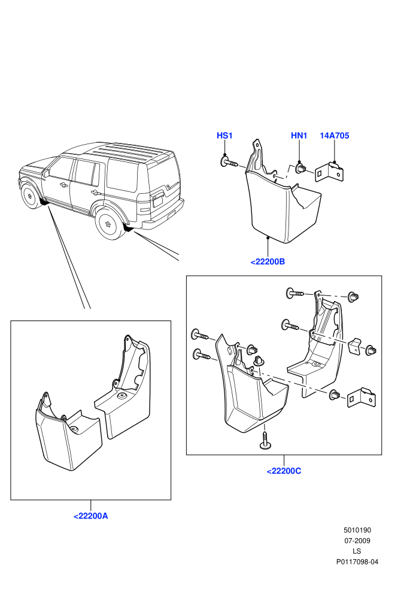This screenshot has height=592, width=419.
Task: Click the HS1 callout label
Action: (224, 136)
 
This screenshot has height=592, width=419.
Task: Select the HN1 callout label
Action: (299, 136)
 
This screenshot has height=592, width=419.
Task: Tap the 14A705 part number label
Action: (335, 136)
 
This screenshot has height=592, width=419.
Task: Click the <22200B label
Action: (268, 262)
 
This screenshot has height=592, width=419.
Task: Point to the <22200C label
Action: (284, 471)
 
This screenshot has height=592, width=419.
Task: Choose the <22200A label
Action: (90, 516)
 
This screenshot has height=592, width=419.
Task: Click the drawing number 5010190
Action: (357, 530)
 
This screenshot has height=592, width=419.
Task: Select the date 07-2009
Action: (357, 541)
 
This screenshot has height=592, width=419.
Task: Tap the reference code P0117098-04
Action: (357, 562)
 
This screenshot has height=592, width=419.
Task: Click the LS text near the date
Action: (357, 551)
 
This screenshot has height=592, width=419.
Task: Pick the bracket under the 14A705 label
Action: (330, 172)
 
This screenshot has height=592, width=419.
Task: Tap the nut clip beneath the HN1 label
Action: (301, 169)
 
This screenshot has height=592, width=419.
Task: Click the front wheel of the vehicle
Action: (29, 196)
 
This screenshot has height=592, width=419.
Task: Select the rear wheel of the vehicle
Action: (109, 224)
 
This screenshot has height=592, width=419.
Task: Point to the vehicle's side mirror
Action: (46, 173)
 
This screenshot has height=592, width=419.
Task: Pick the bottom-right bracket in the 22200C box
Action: (362, 398)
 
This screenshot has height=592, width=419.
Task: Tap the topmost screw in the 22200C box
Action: (295, 292)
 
